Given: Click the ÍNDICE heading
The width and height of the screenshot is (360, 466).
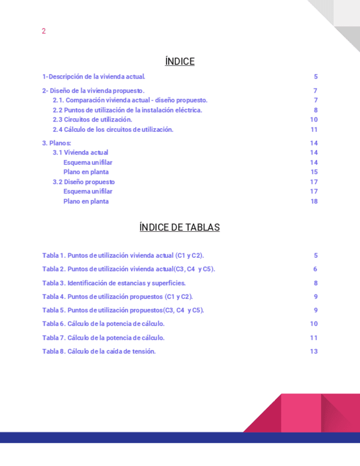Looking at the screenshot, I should (180, 62).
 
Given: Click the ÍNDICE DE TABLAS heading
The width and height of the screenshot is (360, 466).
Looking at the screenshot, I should (180, 228).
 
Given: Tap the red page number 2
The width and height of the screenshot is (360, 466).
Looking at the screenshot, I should (43, 31).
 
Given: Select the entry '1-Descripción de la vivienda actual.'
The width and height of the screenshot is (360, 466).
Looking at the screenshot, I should (93, 77).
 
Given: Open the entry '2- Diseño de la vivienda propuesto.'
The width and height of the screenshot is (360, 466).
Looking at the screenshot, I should (93, 91).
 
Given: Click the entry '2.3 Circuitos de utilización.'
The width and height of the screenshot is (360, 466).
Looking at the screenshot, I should (92, 120).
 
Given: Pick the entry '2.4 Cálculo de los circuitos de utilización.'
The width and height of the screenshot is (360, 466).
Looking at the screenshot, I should (113, 130).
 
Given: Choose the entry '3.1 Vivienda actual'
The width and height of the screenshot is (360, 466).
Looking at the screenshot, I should (80, 153).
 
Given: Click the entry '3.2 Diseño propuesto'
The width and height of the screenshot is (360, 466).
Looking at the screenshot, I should (84, 182).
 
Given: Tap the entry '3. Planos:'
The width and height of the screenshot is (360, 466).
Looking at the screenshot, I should (57, 143).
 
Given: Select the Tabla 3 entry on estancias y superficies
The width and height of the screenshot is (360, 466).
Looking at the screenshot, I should (114, 283).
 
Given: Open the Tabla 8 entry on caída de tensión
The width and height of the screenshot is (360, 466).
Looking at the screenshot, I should (99, 351).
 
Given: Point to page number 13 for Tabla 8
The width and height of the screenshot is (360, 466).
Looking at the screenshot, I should (314, 351).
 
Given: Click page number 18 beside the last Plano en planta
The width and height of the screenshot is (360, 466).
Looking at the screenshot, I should (314, 201).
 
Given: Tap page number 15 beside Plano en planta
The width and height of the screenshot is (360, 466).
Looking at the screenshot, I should (314, 172).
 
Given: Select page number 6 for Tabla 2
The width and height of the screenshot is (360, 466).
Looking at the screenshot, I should (315, 269).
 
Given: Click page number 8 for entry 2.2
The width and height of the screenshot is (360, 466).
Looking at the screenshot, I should (315, 110).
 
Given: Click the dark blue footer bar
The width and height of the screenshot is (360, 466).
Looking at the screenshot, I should (180, 437).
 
